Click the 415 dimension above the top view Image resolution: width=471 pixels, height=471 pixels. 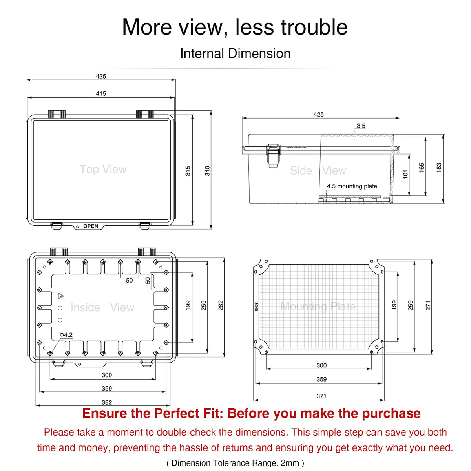tap(101, 93)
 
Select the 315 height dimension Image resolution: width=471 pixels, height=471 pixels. tap(188, 171)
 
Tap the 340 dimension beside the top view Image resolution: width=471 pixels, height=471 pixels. tap(207, 171)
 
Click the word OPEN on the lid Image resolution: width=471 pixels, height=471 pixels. tap(91, 226)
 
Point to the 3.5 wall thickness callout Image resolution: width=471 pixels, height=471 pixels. tap(361, 126)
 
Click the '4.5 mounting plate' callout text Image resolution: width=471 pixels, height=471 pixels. tap(352, 186)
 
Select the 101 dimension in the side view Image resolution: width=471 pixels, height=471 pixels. tap(405, 175)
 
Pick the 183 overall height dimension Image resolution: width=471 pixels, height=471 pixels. tap(439, 168)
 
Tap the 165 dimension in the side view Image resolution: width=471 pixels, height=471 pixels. tap(422, 168)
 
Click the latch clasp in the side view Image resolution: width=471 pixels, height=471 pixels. tap(273, 156)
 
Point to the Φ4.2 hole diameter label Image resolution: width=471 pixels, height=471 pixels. tap(66, 335)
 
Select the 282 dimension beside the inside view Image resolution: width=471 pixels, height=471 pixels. tap(221, 305)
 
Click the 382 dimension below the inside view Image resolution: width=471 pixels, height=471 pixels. tap(107, 402)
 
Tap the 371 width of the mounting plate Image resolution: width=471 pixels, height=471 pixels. tap(321, 396)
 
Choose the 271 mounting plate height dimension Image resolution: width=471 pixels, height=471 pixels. tap(428, 305)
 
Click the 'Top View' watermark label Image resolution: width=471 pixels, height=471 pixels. tap(103, 169)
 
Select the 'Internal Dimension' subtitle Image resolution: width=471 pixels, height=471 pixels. tap(235, 53)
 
